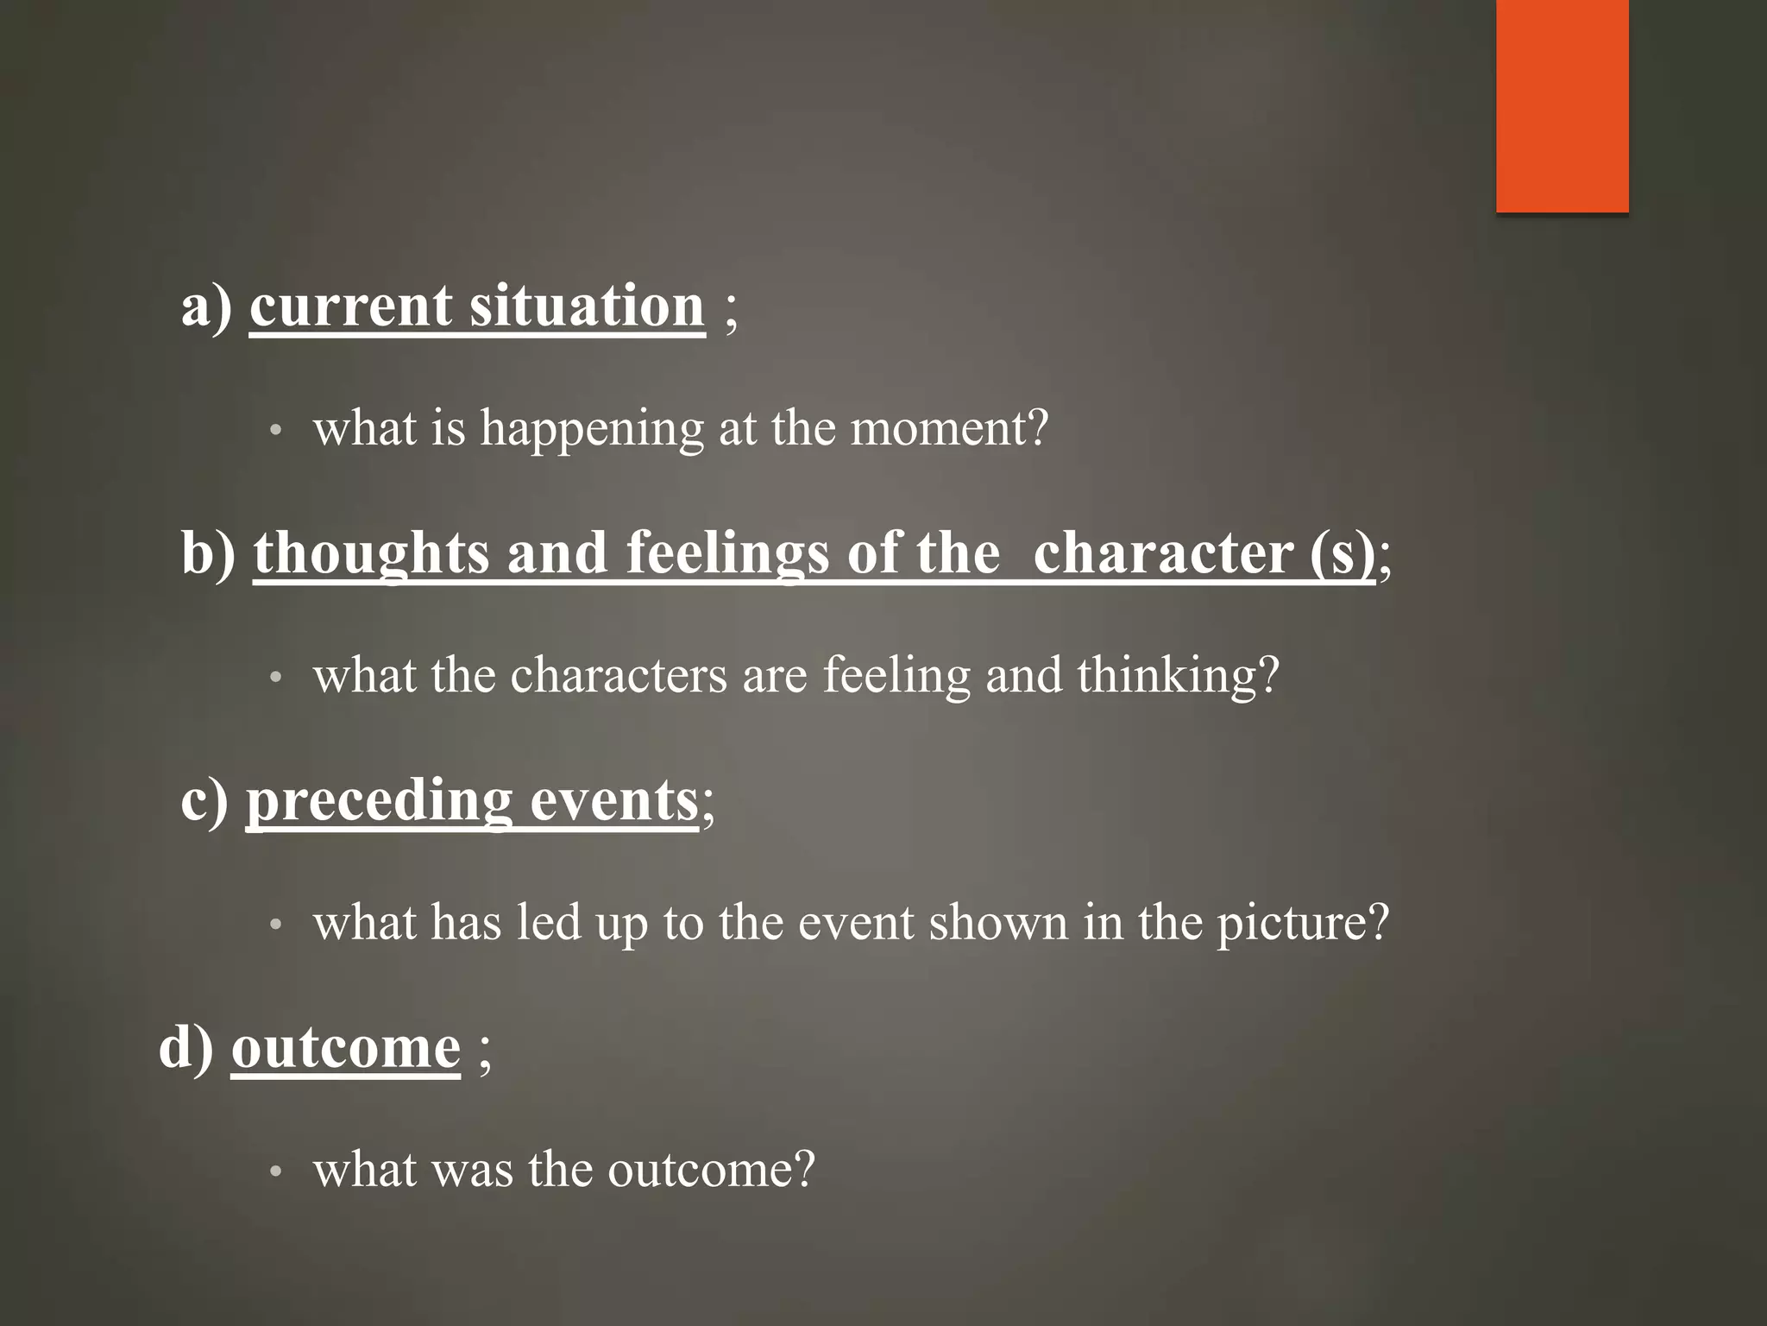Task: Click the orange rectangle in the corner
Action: coord(1562,105)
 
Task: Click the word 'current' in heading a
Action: coord(347,306)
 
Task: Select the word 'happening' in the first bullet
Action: coord(592,429)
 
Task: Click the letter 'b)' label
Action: coord(208,552)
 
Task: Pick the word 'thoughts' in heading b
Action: coord(371,553)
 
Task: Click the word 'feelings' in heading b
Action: coord(727,553)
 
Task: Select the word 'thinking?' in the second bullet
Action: coord(1178,676)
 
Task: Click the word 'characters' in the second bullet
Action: coord(619,675)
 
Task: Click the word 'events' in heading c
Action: coord(613,801)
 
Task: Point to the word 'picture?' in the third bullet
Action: coord(1303,924)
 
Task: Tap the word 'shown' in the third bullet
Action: coord(998,922)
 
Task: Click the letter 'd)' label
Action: coord(186,1047)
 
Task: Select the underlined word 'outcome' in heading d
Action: coord(346,1048)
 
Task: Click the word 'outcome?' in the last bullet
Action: coord(711,1171)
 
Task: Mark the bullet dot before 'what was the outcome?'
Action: coord(275,1172)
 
